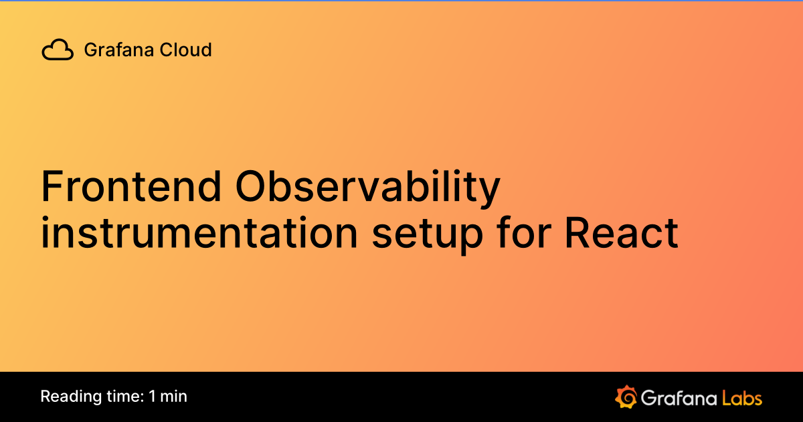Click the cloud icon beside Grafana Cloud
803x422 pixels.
click(x=58, y=50)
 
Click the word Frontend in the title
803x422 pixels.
click(x=130, y=187)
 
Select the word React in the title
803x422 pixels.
click(x=621, y=233)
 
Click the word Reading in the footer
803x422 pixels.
click(x=66, y=397)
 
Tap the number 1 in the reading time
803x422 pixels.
click(x=153, y=396)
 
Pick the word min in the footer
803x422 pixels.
click(x=174, y=396)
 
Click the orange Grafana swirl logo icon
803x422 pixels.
click(x=624, y=397)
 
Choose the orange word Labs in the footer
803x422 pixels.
click(x=741, y=398)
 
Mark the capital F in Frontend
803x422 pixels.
click(x=52, y=187)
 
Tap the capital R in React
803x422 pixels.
click(x=577, y=233)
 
